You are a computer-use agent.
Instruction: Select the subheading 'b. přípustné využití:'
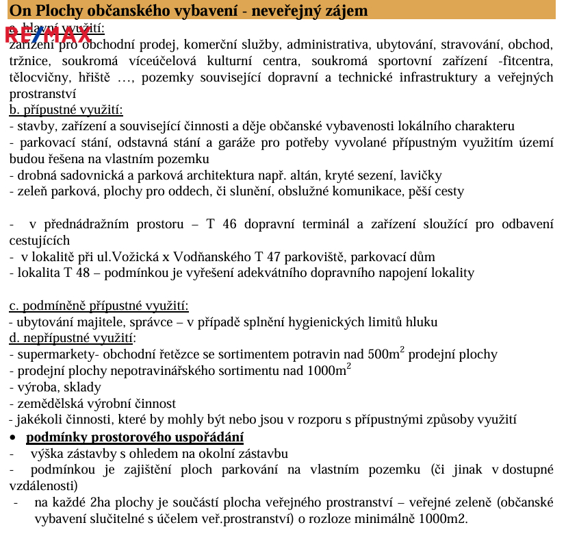click(66, 110)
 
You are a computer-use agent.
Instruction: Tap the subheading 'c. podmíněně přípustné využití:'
click(99, 306)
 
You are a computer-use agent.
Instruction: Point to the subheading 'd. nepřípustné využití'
click(72, 338)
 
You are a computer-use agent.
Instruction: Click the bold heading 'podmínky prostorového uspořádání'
click(135, 437)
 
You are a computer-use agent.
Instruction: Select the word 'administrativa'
click(330, 45)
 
